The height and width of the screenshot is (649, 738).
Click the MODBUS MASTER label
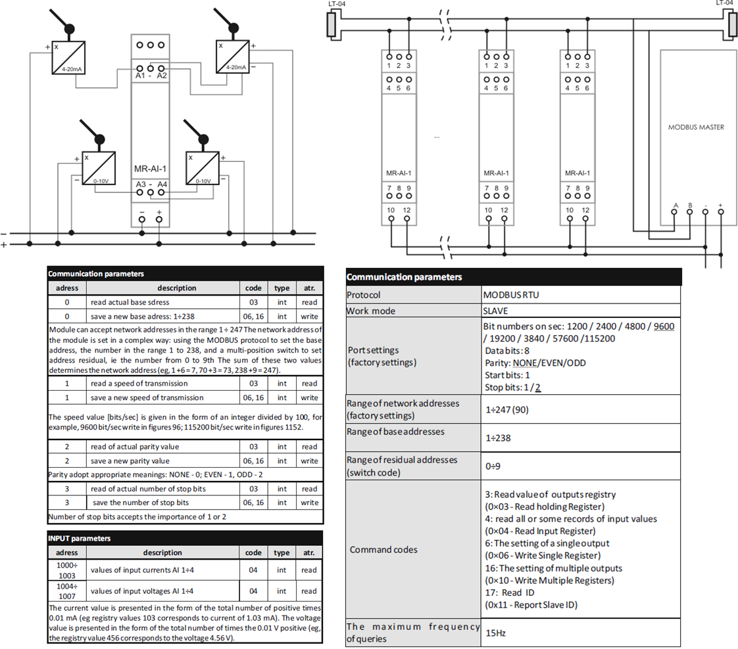(696, 127)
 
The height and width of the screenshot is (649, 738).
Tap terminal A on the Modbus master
(674, 212)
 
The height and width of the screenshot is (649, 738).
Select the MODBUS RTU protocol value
(511, 295)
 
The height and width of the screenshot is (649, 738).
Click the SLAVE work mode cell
(495, 311)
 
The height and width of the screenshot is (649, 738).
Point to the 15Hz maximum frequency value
(495, 633)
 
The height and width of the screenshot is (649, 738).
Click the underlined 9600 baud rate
(664, 326)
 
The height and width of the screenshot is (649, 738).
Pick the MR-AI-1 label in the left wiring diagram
(150, 169)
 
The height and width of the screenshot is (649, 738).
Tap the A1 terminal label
(140, 76)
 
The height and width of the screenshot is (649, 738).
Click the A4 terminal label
(162, 184)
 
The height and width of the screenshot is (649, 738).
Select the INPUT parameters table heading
(79, 539)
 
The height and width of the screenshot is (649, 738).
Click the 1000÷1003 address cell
(67, 570)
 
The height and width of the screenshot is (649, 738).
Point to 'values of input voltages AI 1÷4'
(142, 591)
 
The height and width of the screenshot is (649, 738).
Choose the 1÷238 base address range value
(498, 438)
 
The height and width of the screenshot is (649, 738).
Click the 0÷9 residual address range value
(493, 466)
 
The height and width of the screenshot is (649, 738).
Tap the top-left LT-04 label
(337, 4)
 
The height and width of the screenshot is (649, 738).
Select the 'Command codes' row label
(383, 550)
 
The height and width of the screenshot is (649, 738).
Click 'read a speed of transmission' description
(139, 384)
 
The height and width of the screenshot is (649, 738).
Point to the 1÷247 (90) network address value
(507, 410)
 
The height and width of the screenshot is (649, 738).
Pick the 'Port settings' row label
(373, 350)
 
